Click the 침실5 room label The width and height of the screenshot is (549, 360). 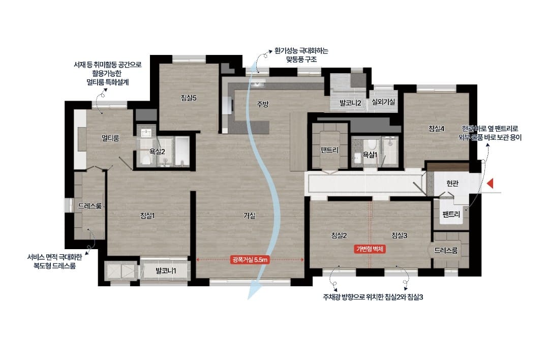pos(189,98)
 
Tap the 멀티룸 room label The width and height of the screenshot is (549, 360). pos(110,138)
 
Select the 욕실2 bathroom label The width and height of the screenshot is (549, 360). pos(157,152)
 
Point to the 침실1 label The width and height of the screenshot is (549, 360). pos(147,216)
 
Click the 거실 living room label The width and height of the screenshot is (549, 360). pos(249,216)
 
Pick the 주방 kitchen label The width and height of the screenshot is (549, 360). pos(263,104)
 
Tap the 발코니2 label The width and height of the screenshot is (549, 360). pos(350,103)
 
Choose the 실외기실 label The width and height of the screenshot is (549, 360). pos(383,102)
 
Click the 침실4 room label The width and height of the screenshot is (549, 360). pos(436,129)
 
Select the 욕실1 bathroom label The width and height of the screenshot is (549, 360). pos(370,155)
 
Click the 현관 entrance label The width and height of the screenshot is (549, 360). pos(452,183)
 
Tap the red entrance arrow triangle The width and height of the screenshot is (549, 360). pos(491,183)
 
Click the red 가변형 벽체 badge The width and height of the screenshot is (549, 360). pos(370,249)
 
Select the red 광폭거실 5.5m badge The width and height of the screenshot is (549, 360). pos(250,259)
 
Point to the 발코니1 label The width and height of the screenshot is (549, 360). pos(166,271)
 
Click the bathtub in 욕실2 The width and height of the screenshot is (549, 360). pos(182,152)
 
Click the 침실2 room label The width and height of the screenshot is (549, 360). pos(339,235)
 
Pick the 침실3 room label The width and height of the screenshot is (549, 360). pos(400,235)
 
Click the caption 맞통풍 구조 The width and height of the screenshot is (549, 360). pos(301,59)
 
